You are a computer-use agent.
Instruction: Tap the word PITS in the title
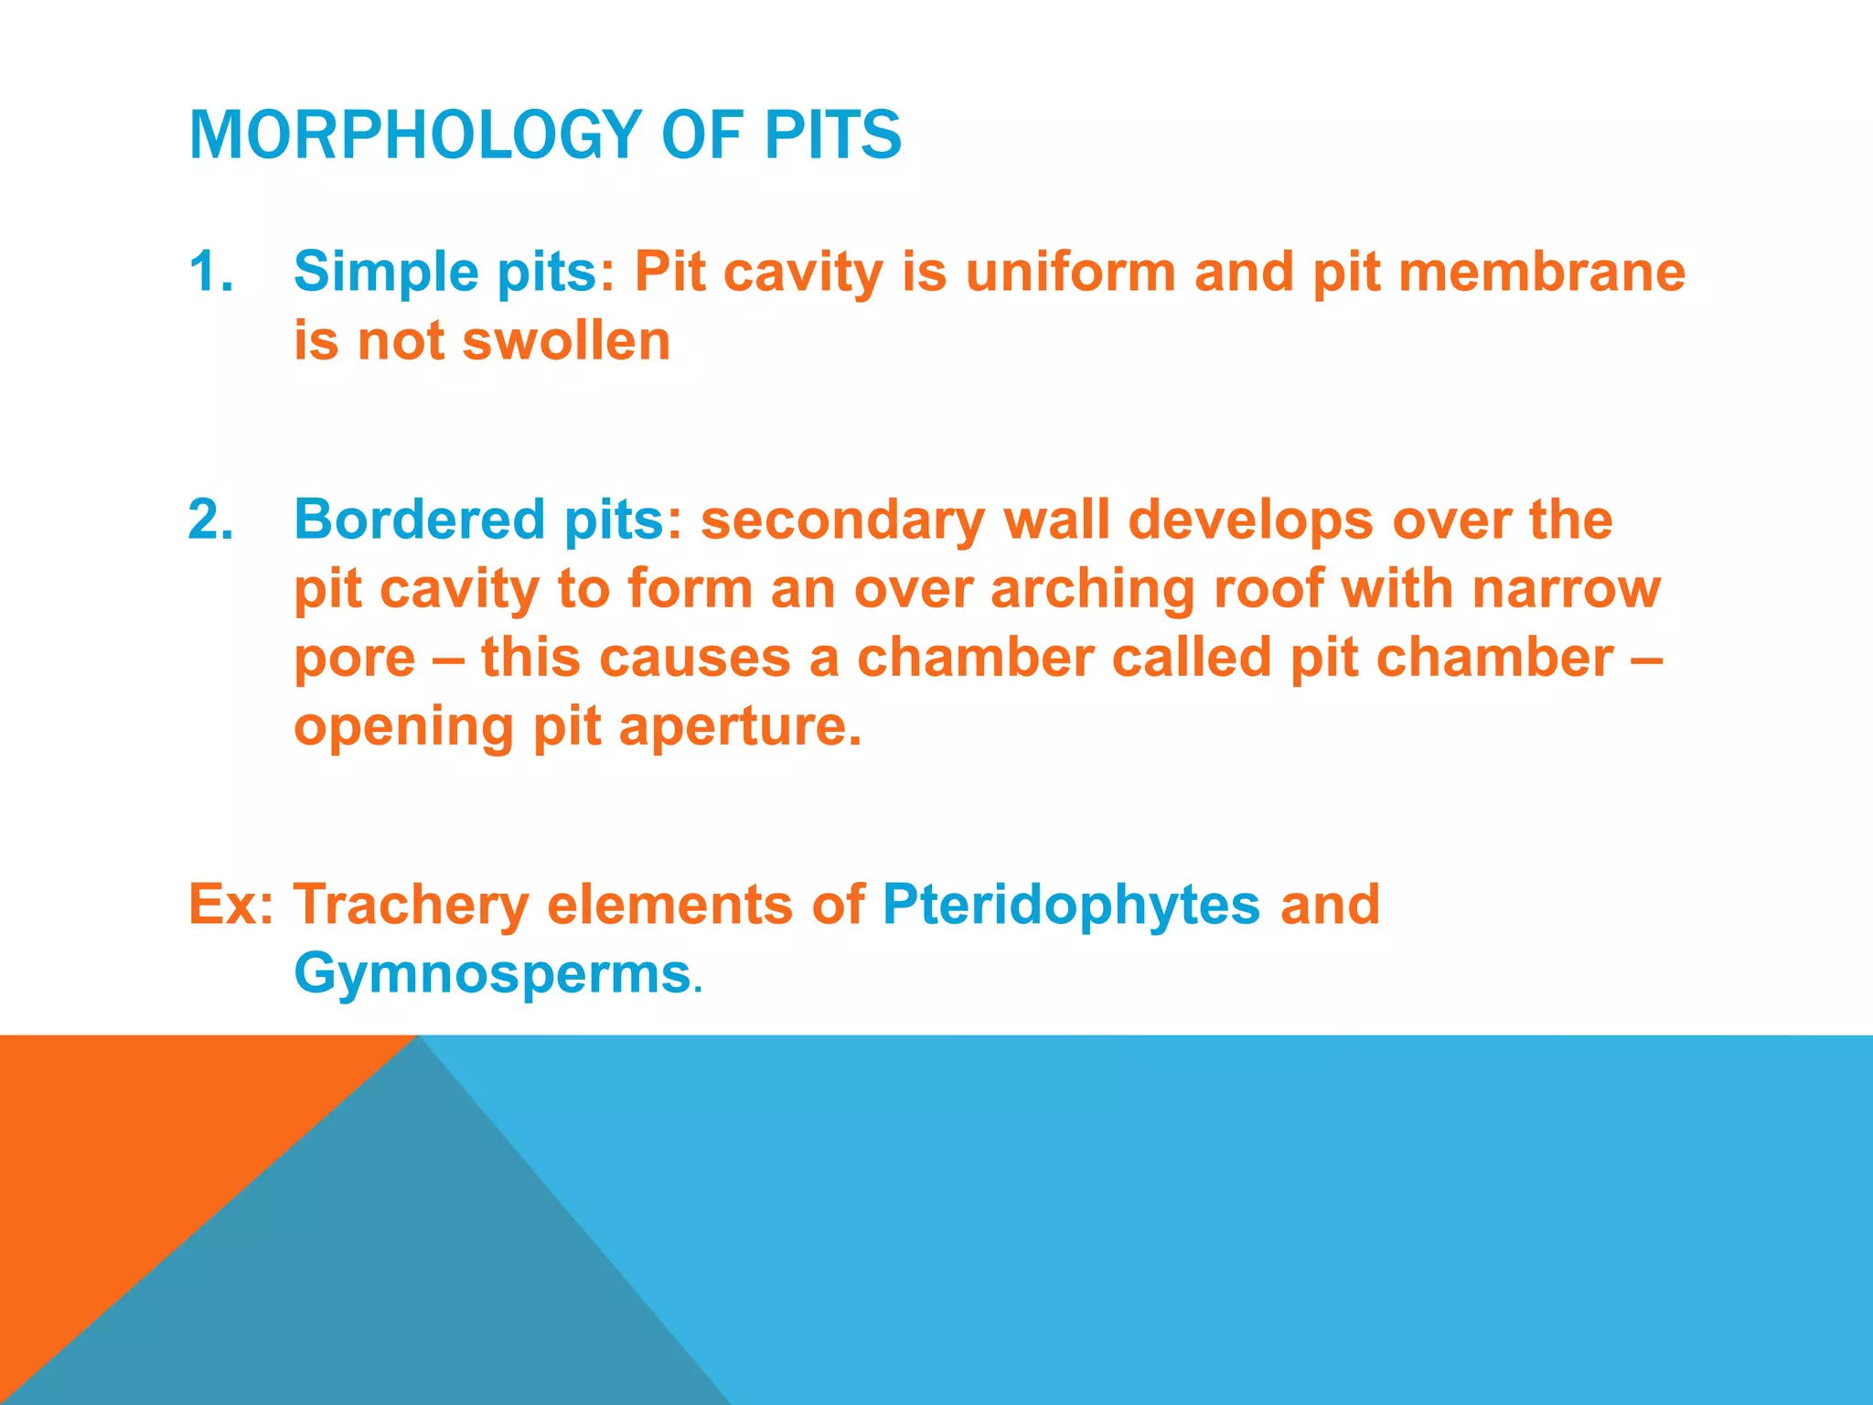click(832, 135)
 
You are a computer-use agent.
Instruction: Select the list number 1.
click(209, 273)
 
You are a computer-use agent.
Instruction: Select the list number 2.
click(209, 520)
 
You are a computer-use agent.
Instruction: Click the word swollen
click(566, 341)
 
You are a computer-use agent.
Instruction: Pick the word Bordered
click(419, 520)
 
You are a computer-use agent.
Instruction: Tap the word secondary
click(842, 520)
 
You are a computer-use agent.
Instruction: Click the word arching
click(1092, 588)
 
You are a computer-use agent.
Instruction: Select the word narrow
click(1566, 588)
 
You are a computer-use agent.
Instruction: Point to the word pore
click(355, 659)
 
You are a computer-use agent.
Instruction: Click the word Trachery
click(412, 905)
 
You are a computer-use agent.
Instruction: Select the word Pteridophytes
click(1070, 905)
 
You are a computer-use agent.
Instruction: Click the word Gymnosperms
click(492, 973)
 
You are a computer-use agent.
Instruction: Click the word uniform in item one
click(1070, 273)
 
